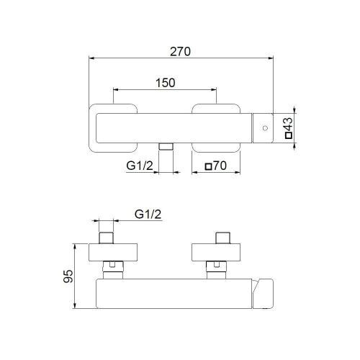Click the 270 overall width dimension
tap(180, 51)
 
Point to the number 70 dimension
tap(220, 166)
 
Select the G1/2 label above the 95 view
tap(148, 214)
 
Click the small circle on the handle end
tap(264, 129)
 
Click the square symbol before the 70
tap(209, 167)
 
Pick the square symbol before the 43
tap(289, 135)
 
